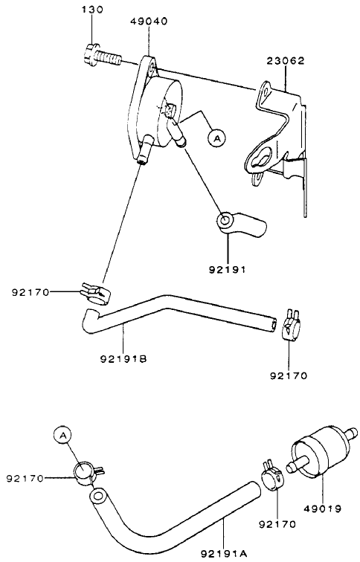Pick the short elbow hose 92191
pyautogui.click(x=240, y=222)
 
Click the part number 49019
pyautogui.click(x=323, y=509)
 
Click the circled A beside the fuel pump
pyautogui.click(x=216, y=138)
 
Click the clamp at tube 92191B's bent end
pyautogui.click(x=92, y=292)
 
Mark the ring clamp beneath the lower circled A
pyautogui.click(x=84, y=471)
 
